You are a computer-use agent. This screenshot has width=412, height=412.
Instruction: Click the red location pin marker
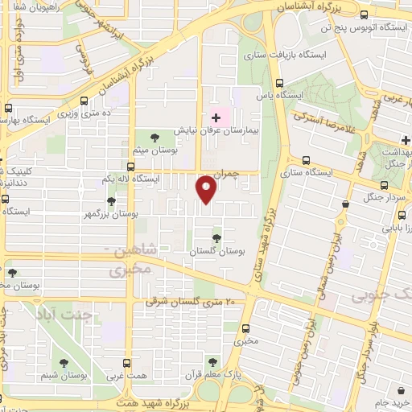207,189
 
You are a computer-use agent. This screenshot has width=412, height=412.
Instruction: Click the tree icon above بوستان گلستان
216,237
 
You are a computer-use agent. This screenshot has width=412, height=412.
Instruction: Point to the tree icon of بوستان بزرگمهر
110,201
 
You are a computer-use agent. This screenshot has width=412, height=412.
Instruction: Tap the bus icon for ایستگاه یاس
279,83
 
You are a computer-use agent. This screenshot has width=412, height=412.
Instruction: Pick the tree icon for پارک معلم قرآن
212,362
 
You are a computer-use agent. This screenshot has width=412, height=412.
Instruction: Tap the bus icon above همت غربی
126,364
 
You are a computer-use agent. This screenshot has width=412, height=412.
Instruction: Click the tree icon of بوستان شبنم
64,362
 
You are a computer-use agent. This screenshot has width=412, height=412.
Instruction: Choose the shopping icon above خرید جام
389,387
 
